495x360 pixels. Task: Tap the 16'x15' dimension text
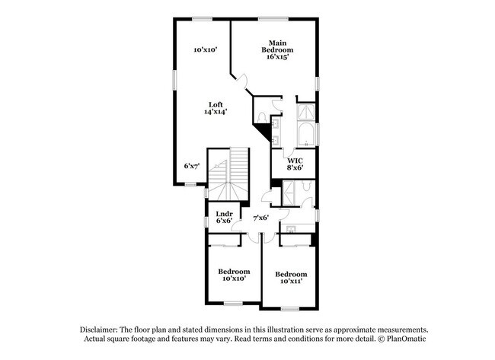[277, 57]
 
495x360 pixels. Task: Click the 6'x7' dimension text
[191, 165]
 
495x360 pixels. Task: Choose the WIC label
[295, 160]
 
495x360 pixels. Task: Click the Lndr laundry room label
[224, 214]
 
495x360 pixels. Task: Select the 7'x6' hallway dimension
[260, 218]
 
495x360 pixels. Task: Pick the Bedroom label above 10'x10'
[234, 271]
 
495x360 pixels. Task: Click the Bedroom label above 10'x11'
[291, 274]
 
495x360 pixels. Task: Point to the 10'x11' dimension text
[291, 282]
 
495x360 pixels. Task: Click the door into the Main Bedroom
[241, 79]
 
